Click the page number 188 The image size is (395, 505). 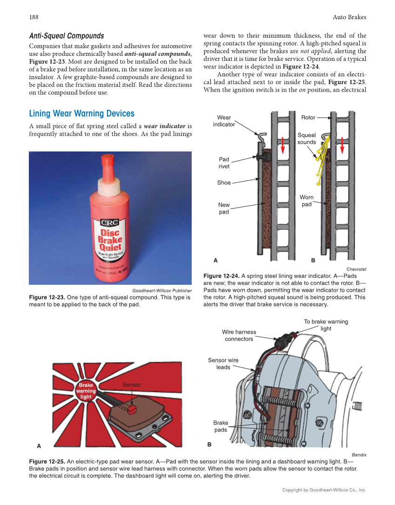(33, 17)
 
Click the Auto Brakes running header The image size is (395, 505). (349, 17)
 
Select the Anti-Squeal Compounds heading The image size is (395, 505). (67, 36)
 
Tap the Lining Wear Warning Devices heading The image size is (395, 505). (81, 114)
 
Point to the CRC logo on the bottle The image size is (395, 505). (108, 222)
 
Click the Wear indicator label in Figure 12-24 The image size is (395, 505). (224, 121)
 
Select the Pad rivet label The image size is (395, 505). (224, 163)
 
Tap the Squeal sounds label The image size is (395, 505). (307, 138)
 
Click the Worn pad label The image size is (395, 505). (307, 201)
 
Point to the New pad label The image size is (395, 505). (224, 209)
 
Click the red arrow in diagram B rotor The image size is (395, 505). (342, 145)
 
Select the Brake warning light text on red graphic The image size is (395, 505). (86, 391)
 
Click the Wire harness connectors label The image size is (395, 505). (239, 335)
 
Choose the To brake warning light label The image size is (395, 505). (326, 325)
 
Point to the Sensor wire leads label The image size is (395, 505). (223, 363)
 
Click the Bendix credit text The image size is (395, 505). (359, 455)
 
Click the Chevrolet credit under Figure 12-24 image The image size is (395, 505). (356, 269)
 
